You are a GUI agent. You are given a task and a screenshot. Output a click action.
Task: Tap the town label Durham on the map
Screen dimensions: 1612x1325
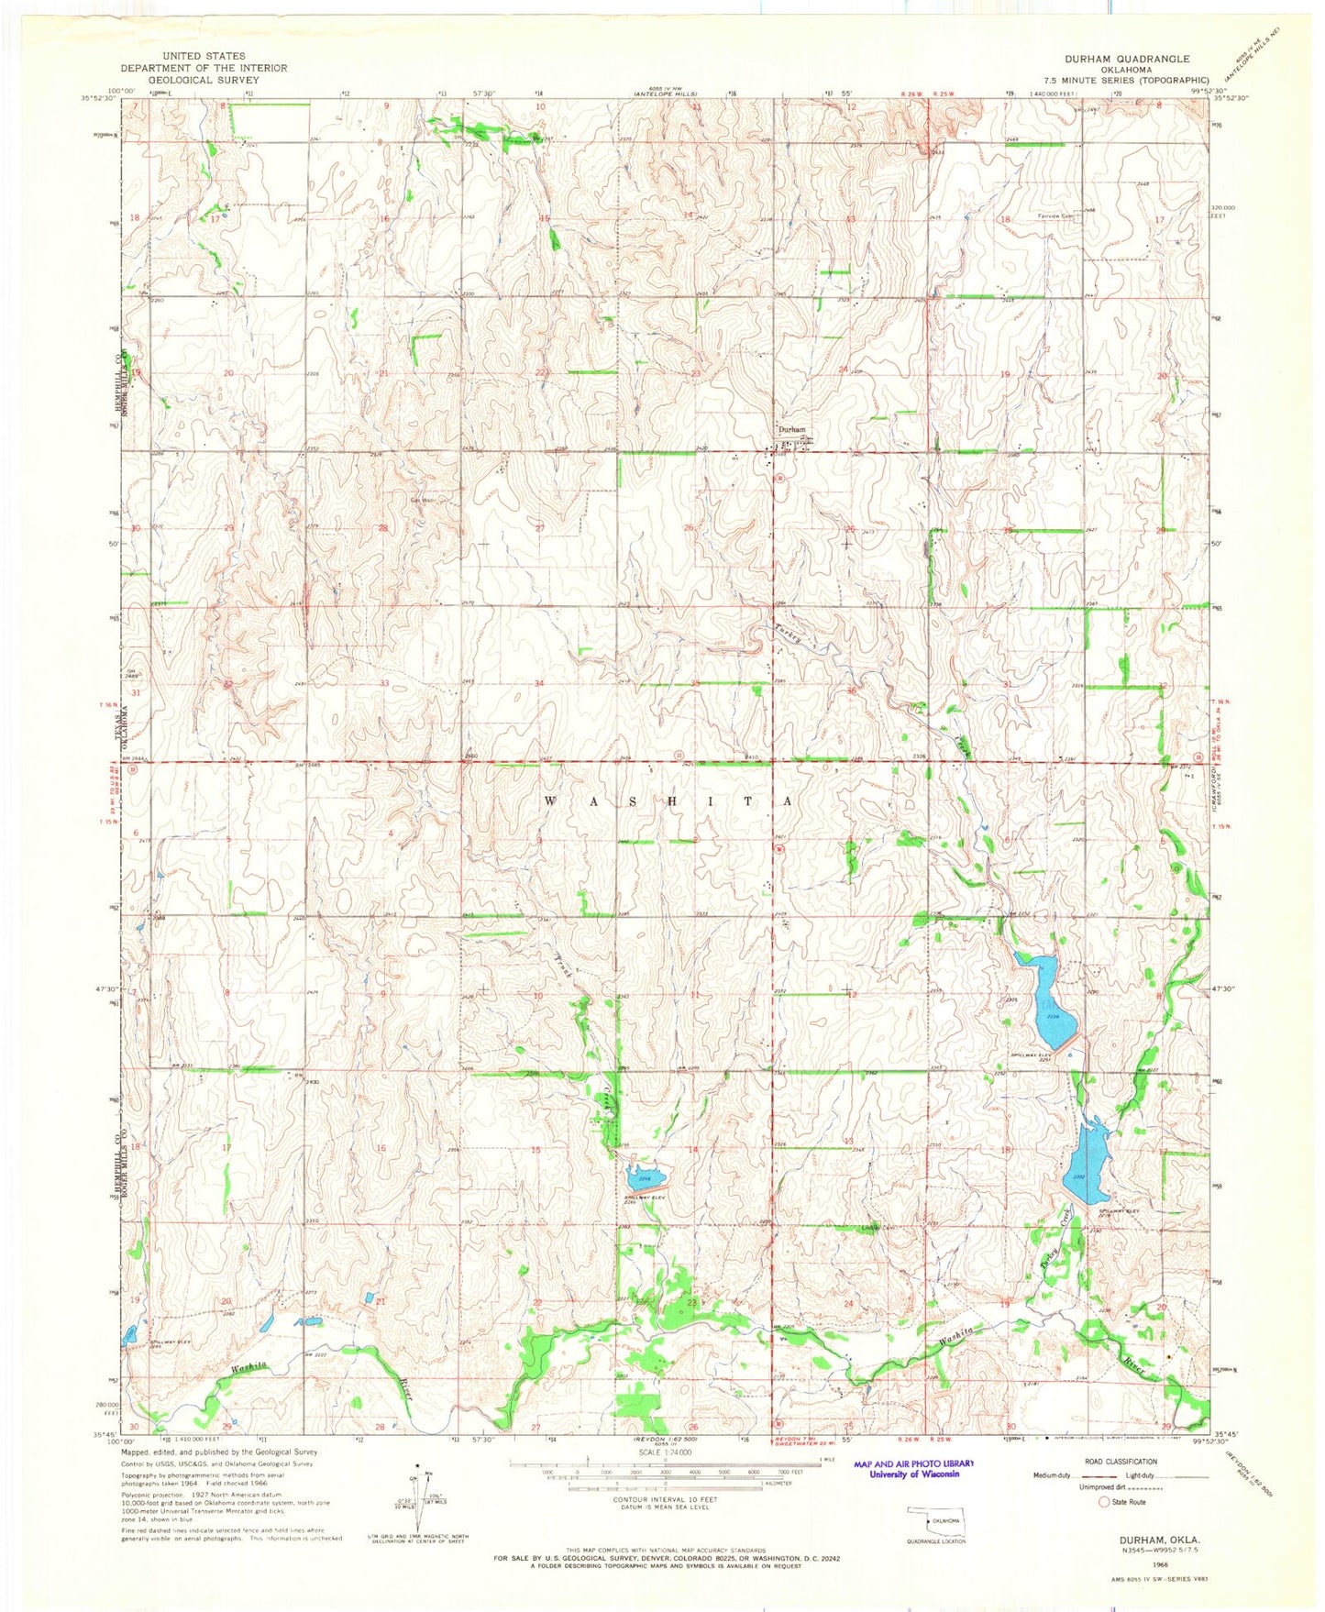click(x=791, y=429)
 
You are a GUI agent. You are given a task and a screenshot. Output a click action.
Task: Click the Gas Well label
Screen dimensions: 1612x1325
click(x=422, y=501)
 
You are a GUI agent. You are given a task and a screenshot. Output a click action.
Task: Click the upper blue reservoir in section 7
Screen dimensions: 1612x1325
click(x=1047, y=999)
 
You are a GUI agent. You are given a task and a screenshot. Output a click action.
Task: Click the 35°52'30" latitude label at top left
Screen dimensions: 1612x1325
click(x=98, y=98)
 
